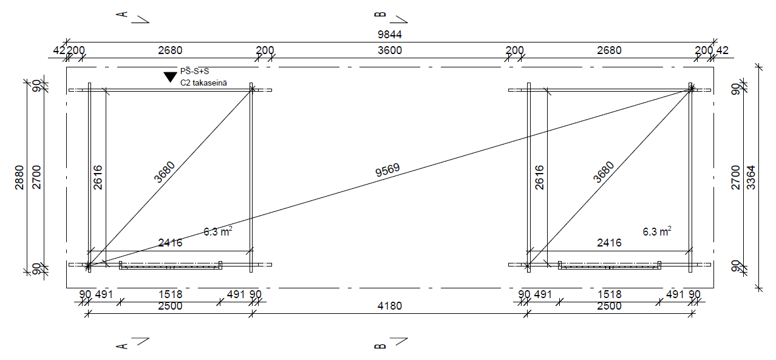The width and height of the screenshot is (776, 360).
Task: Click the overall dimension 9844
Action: (x=389, y=35)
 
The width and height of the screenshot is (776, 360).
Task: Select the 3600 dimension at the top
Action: (x=389, y=50)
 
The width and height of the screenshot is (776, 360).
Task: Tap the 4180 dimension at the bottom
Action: (x=389, y=306)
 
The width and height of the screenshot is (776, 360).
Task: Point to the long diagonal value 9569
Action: (x=387, y=170)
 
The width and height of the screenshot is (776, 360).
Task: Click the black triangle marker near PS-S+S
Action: (x=170, y=76)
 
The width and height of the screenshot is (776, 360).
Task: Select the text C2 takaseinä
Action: (x=203, y=83)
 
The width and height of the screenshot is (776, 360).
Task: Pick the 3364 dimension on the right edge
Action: (x=750, y=177)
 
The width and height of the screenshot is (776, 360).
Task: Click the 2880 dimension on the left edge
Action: (x=19, y=177)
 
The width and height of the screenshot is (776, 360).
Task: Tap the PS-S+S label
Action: (x=194, y=72)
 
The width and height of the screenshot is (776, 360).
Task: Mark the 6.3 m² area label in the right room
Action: (x=657, y=231)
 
